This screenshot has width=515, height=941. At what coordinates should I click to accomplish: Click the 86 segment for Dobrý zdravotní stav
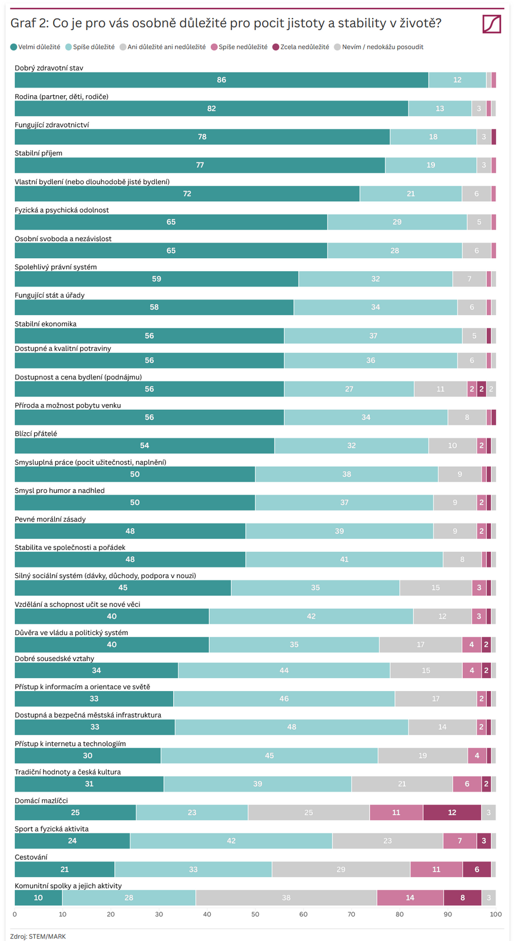(221, 80)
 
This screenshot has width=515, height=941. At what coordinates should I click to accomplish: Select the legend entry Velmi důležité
(35, 47)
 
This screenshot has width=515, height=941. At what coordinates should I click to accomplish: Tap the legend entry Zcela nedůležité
(301, 47)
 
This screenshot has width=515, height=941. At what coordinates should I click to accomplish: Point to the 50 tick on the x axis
(255, 915)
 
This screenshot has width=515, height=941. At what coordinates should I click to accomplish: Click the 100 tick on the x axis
(496, 915)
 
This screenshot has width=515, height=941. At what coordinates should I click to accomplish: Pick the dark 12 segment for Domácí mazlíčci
(452, 813)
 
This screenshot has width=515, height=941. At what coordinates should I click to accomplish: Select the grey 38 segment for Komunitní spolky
(286, 898)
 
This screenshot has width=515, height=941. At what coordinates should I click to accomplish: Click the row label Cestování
(31, 857)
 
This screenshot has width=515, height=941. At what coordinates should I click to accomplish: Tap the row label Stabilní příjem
(38, 154)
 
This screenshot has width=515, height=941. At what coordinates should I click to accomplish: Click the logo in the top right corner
(491, 24)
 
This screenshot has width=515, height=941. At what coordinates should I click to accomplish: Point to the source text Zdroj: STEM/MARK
(38, 936)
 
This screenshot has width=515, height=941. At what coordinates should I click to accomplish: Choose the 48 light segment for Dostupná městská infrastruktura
(291, 728)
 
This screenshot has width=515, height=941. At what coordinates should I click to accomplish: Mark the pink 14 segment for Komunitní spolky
(410, 898)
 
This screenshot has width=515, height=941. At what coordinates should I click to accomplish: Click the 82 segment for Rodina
(211, 109)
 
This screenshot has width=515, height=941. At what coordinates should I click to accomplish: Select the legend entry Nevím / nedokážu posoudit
(378, 47)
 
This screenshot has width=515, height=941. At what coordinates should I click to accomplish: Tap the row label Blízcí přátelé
(36, 434)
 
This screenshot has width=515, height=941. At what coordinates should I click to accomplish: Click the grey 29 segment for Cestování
(341, 869)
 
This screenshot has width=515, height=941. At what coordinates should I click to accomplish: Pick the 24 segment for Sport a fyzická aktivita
(72, 841)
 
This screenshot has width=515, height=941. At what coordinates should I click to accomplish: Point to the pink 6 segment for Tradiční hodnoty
(467, 784)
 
